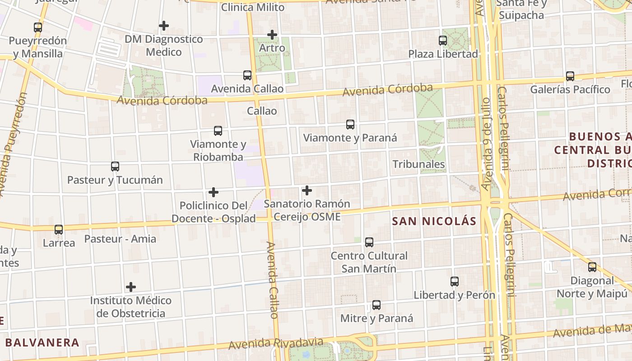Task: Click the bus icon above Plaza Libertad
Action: click(443, 41)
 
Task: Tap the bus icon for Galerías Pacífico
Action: click(570, 76)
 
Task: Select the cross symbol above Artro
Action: click(272, 34)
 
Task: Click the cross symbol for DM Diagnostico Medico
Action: click(164, 26)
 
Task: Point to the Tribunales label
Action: click(418, 164)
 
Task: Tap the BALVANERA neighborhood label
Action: click(42, 342)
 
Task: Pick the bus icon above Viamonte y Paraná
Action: click(350, 125)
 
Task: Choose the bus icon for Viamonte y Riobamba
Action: click(218, 131)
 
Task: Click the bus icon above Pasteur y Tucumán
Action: click(115, 167)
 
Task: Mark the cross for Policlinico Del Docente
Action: click(214, 193)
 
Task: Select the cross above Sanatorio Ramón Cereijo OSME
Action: click(307, 190)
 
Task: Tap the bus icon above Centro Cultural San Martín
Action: click(369, 242)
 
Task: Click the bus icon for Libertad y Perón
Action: click(455, 282)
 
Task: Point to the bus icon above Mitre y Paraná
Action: click(376, 305)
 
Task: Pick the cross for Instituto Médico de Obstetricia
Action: click(131, 287)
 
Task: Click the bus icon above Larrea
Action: click(59, 230)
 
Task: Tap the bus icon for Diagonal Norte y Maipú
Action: click(592, 267)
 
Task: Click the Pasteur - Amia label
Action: click(120, 239)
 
